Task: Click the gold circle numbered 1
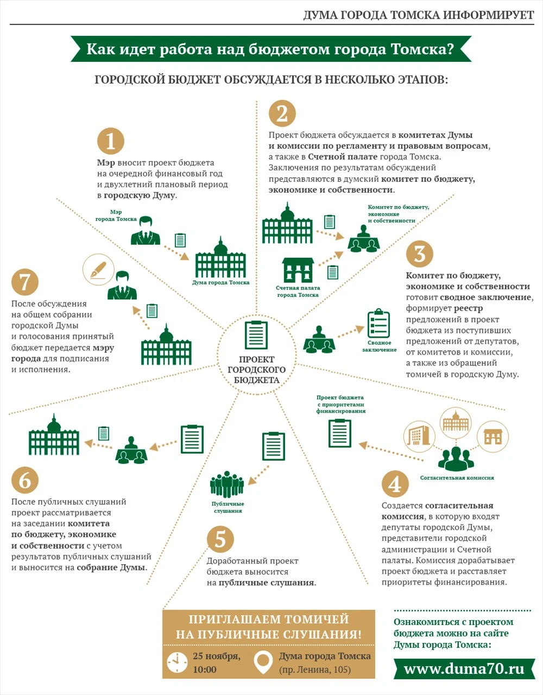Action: tap(111, 141)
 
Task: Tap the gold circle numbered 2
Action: tap(282, 113)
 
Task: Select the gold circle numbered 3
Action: tap(420, 254)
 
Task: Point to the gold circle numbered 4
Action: tap(395, 484)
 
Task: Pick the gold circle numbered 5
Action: tap(220, 539)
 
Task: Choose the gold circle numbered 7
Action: tap(25, 282)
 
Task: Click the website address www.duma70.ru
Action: tap(464, 668)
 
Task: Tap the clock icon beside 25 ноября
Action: tap(177, 662)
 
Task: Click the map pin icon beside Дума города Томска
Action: tap(263, 662)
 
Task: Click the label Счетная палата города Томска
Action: tap(298, 292)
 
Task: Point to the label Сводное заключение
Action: tap(380, 346)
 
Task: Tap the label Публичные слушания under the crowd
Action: tap(228, 507)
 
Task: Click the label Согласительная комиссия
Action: tap(457, 478)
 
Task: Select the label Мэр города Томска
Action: tap(116, 216)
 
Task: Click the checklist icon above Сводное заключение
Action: tap(378, 324)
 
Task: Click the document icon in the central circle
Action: tap(256, 335)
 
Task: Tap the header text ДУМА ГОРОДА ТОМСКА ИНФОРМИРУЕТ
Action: tap(418, 15)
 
